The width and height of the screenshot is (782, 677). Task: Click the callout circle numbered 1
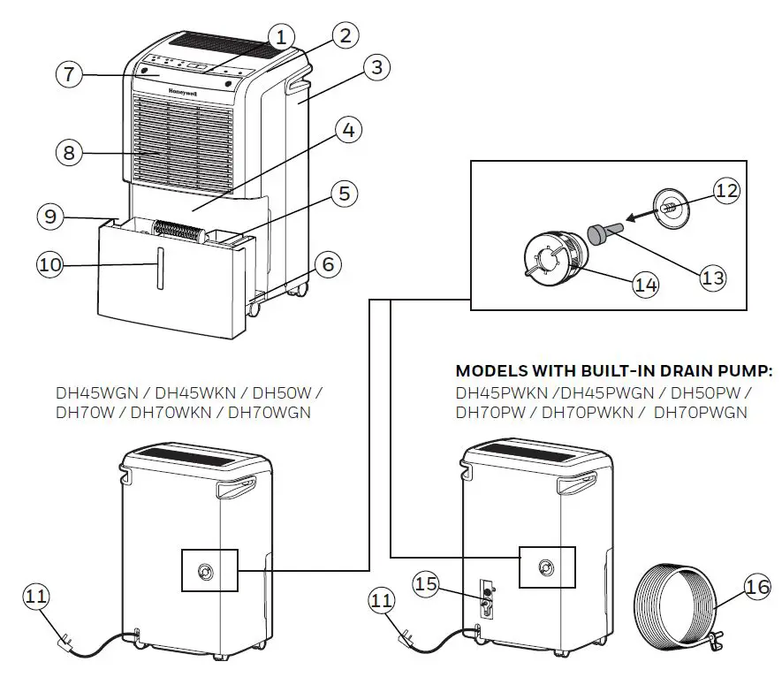click(x=280, y=37)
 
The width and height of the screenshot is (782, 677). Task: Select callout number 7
click(x=69, y=74)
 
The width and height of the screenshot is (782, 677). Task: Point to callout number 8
click(x=69, y=152)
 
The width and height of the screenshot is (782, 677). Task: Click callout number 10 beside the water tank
click(x=50, y=263)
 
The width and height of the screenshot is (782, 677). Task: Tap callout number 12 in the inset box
click(x=727, y=189)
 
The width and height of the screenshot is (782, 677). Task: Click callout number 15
click(x=428, y=584)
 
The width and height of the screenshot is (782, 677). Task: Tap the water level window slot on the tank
click(x=159, y=268)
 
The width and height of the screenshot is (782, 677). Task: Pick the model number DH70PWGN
click(x=701, y=412)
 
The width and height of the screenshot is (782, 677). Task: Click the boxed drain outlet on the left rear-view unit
click(x=209, y=571)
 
